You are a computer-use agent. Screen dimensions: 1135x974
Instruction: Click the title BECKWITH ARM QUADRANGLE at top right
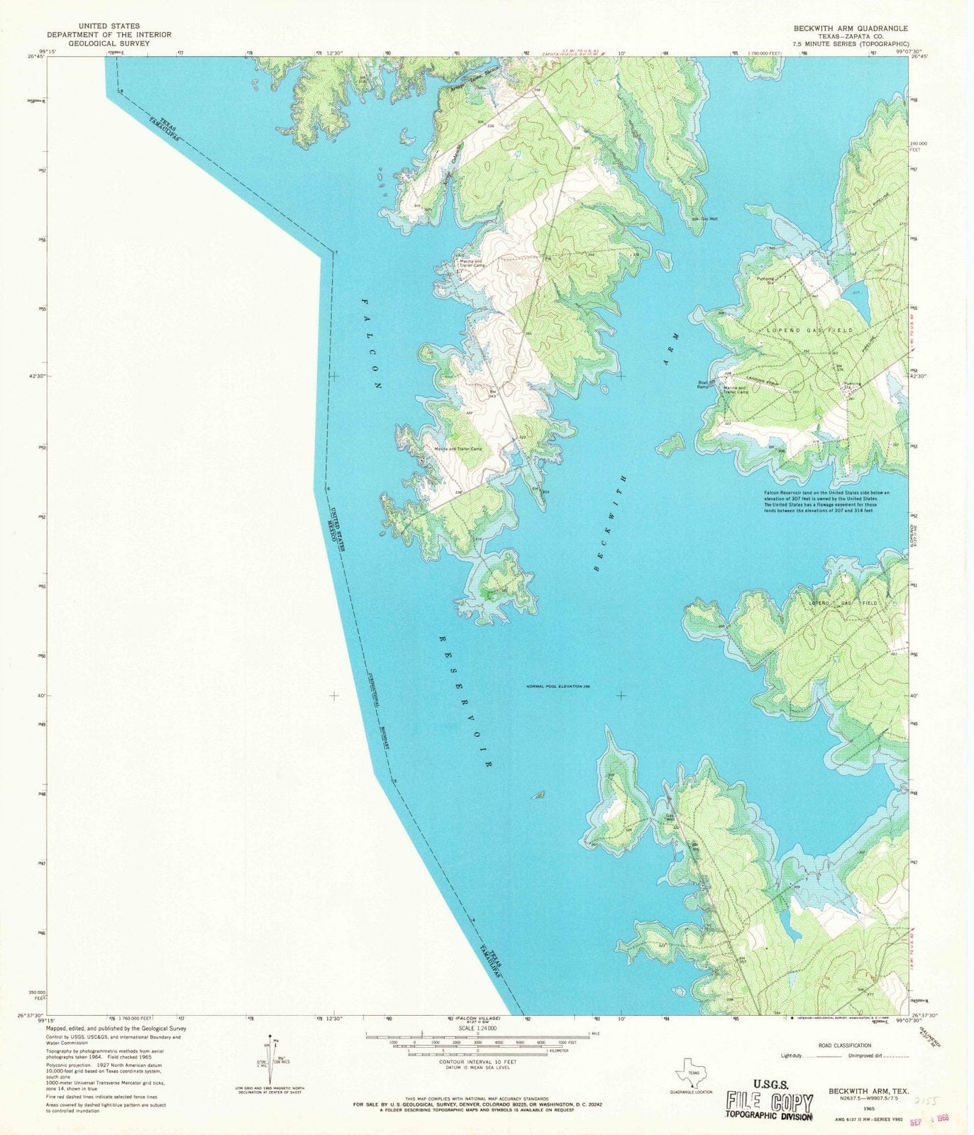click(845, 28)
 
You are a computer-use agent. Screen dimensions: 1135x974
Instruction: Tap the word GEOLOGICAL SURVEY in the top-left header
click(99, 43)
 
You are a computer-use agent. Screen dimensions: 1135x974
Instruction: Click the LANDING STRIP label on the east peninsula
click(761, 382)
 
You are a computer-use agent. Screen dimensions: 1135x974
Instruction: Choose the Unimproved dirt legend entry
click(876, 1056)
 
